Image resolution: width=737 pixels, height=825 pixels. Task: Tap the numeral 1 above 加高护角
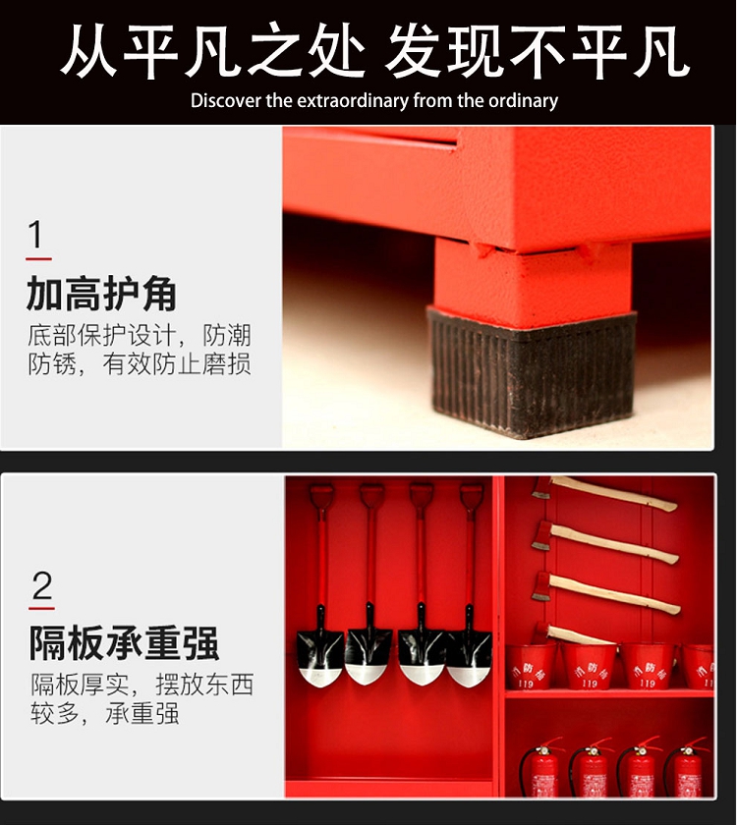coord(35,234)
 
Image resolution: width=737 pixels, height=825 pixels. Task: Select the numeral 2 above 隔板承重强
coord(42,585)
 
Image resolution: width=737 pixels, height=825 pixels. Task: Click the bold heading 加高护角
coord(101,293)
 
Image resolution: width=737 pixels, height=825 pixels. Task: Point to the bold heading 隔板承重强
coord(124,642)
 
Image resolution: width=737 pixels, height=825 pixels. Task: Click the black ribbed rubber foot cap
coord(532,372)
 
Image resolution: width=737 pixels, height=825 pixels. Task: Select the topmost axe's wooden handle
coord(613,493)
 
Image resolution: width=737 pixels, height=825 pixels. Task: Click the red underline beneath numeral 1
coord(38,259)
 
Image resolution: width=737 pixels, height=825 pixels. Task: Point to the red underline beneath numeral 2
coord(41,609)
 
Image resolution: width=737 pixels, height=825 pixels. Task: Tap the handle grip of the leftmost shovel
coord(320,496)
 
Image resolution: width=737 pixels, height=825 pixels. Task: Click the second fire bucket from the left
coord(589,667)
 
